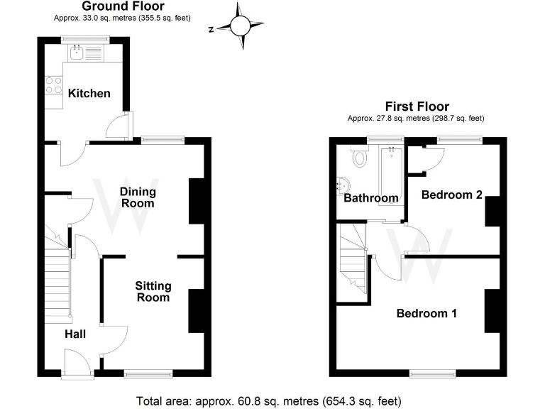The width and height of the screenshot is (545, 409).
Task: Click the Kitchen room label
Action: [89, 93]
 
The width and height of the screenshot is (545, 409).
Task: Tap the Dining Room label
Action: [137, 197]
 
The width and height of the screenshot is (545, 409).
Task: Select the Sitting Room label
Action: [153, 291]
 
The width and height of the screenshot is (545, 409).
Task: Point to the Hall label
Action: [75, 333]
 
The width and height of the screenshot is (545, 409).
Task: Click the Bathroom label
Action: [370, 198]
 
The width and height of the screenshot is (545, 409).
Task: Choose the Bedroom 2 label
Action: [452, 194]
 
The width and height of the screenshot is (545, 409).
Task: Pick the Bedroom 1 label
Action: [426, 313]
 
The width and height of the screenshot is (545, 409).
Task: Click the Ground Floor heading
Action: [123, 6]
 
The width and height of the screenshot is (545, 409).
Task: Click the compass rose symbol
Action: [240, 27]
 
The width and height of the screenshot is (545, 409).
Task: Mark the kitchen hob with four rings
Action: [54, 86]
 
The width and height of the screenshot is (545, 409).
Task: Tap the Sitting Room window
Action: [148, 372]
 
